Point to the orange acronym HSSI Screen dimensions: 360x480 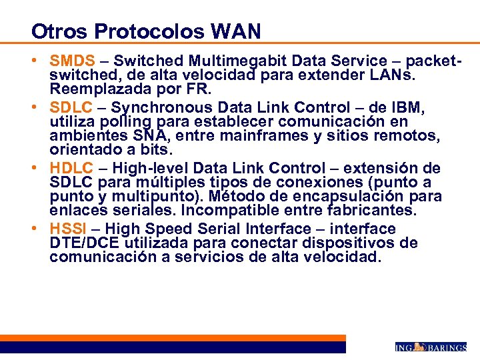click(69, 229)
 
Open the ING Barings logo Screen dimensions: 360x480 click(430, 347)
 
